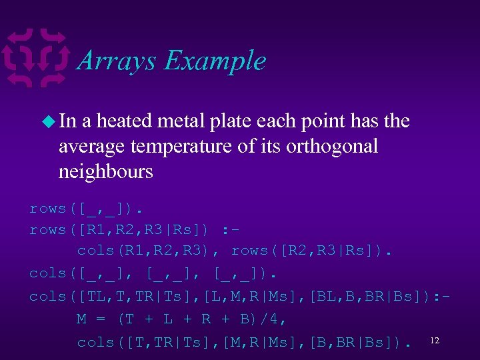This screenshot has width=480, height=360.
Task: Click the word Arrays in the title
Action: click(x=117, y=61)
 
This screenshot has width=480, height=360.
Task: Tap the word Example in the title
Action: click(x=215, y=62)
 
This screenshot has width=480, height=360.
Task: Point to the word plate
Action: click(x=273, y=121)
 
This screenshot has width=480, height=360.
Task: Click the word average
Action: click(x=93, y=146)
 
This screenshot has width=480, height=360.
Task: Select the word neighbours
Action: click(x=106, y=171)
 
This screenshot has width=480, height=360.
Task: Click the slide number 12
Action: click(x=435, y=341)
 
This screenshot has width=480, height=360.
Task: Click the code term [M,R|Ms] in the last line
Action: click(x=254, y=342)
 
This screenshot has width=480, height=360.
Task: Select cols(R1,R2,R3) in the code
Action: click(x=153, y=251)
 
